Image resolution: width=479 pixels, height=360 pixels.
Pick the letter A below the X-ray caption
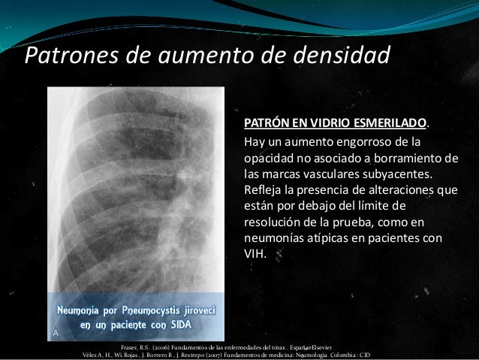(x=55, y=331)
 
